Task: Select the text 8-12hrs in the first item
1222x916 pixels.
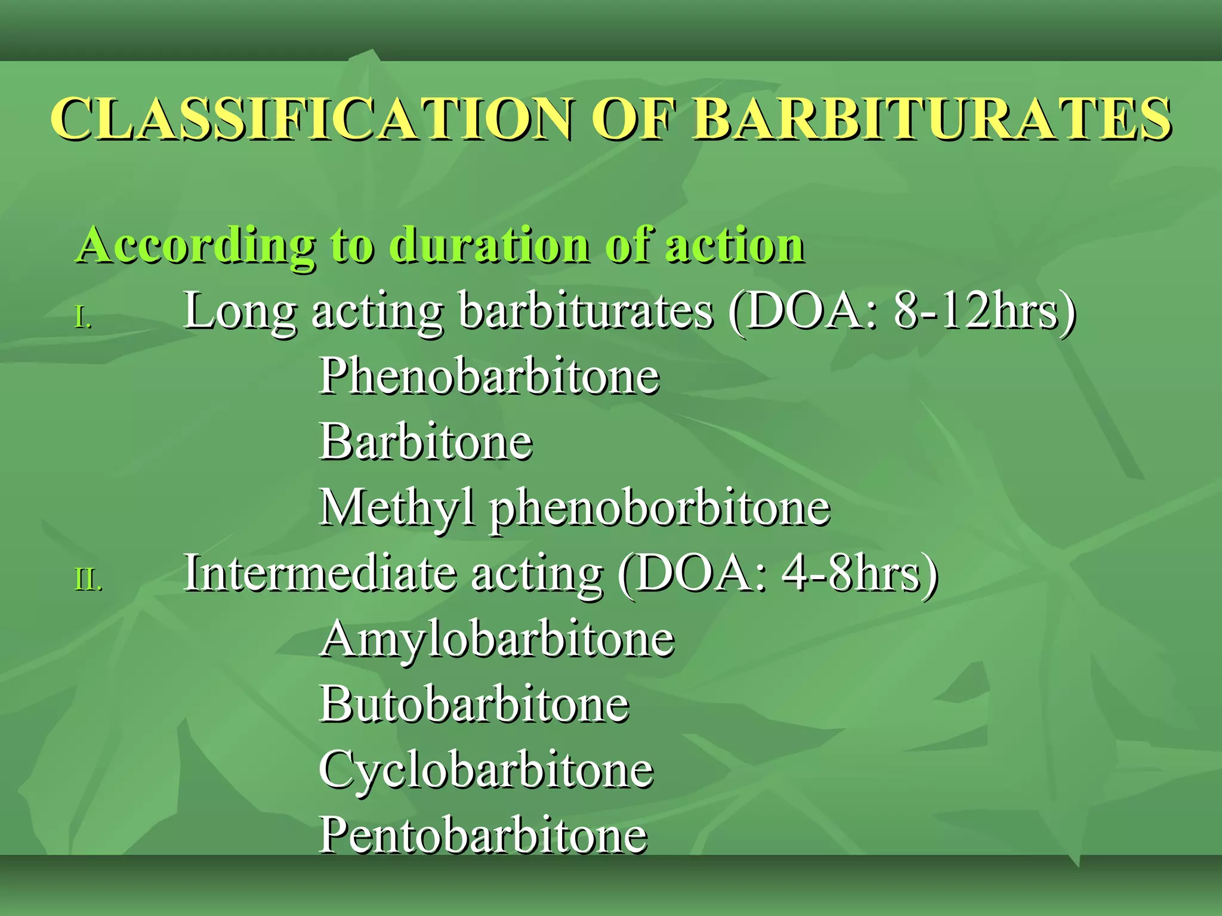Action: pos(979,311)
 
